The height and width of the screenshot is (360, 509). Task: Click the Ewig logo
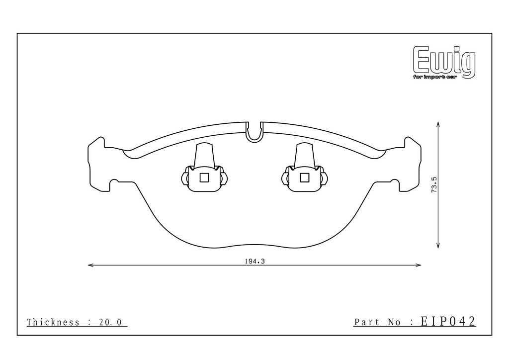click(444, 62)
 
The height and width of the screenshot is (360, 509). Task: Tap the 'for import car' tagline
click(434, 77)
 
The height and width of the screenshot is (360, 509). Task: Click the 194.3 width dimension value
click(255, 262)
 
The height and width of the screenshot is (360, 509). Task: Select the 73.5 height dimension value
click(434, 185)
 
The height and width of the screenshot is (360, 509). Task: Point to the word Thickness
click(53, 322)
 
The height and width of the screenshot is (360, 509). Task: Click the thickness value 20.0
click(110, 322)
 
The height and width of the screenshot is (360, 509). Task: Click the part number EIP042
click(448, 321)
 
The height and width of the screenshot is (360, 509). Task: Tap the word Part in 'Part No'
click(367, 322)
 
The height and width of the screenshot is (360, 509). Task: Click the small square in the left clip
click(204, 178)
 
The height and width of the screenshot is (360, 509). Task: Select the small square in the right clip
click(304, 178)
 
